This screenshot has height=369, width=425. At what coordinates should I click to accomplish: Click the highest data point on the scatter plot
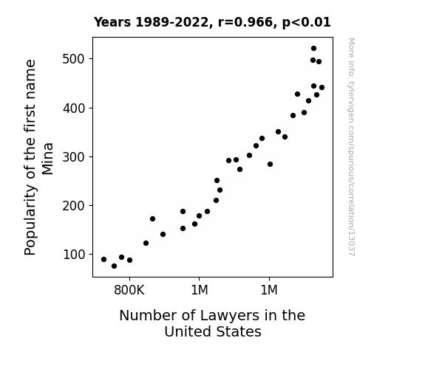coord(313,49)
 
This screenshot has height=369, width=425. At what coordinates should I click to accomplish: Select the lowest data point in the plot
coord(114,266)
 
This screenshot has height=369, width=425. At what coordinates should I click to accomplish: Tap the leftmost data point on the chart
coord(103,259)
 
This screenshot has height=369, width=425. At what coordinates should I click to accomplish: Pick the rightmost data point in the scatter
coord(322,87)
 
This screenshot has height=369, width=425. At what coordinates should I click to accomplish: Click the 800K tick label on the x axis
coord(129,290)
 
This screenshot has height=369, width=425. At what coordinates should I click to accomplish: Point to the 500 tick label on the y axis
coord(74,59)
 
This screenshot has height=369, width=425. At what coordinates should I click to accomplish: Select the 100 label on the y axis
coord(74,255)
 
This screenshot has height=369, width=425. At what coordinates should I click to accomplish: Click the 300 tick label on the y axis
coord(74,157)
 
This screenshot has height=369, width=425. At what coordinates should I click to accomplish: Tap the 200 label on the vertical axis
coord(74,206)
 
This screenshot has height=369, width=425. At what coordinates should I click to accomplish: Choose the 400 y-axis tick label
coord(74,108)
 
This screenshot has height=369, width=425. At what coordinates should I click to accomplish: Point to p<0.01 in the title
coord(306,23)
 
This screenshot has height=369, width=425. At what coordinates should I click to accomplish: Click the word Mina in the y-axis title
coord(47,159)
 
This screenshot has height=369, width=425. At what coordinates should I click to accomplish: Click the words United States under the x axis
coord(213,331)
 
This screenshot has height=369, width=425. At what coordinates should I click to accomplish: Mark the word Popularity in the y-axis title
coord(30,220)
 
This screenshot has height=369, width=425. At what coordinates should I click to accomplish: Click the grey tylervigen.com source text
coord(351,147)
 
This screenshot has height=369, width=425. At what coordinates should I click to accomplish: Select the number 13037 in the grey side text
coord(351,244)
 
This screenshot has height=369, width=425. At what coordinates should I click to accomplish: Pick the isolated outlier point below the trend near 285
coord(270,164)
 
